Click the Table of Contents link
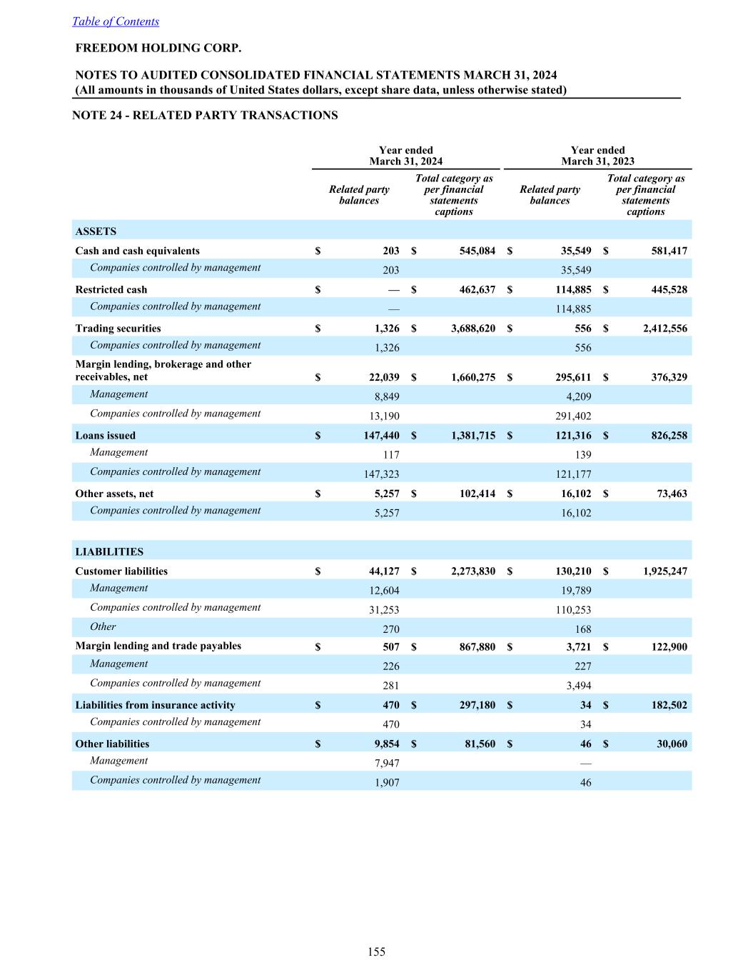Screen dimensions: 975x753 [116, 21]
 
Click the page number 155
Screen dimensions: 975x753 [376, 951]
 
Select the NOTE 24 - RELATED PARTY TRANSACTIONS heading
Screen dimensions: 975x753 [205, 115]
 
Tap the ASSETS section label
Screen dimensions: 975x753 [96, 231]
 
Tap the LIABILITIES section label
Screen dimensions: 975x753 [109, 551]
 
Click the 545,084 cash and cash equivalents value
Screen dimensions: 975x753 [472, 251]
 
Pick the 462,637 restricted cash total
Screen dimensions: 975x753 [472, 289]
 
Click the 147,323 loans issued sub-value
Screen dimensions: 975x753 [382, 474]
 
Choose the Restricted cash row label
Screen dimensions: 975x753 [111, 289]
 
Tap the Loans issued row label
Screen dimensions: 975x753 [105, 435]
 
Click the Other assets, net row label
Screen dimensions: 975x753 [114, 494]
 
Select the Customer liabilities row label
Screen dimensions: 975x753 [121, 571]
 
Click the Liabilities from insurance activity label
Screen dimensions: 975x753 [155, 705]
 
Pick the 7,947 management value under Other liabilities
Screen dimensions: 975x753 [387, 764]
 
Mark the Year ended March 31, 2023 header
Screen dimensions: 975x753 [597, 156]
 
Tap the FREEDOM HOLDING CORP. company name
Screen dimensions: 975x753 [158, 48]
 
